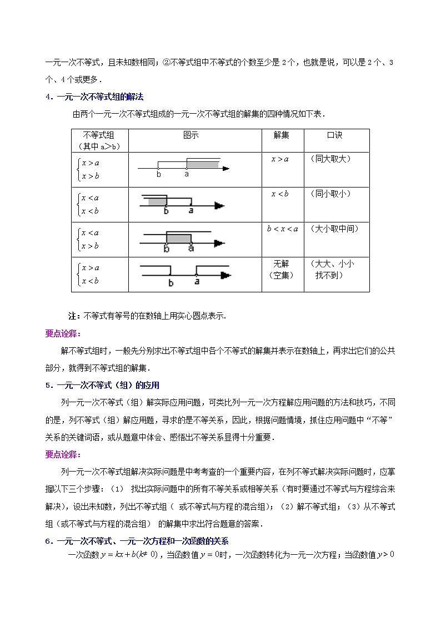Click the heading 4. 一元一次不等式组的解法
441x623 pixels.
94,97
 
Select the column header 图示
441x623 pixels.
191,135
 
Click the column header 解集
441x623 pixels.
281,135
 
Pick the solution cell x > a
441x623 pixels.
280,159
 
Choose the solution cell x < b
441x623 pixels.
280,194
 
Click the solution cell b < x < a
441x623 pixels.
282,229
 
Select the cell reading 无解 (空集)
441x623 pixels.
282,269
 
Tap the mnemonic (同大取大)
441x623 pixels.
332,159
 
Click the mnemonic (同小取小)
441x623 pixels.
332,194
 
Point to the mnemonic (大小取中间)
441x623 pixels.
335,229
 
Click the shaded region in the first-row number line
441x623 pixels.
202,164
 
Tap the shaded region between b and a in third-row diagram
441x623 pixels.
178,239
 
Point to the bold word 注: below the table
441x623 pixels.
73,316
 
